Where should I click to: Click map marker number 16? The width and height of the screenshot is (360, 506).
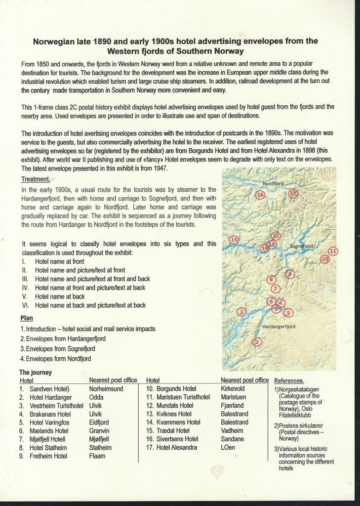coord(260,195)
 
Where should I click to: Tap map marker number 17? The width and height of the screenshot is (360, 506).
coord(293,194)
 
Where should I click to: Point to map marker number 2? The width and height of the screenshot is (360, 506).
coord(256,341)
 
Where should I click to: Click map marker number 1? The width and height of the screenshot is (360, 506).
coord(241,312)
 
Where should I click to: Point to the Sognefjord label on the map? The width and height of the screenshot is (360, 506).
coord(301,245)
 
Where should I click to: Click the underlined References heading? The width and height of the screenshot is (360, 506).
coord(289,381)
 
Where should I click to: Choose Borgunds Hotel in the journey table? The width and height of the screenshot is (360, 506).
coord(176,389)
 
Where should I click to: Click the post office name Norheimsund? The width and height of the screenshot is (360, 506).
coord(106,389)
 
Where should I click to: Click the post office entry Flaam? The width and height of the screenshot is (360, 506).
coord(97,456)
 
